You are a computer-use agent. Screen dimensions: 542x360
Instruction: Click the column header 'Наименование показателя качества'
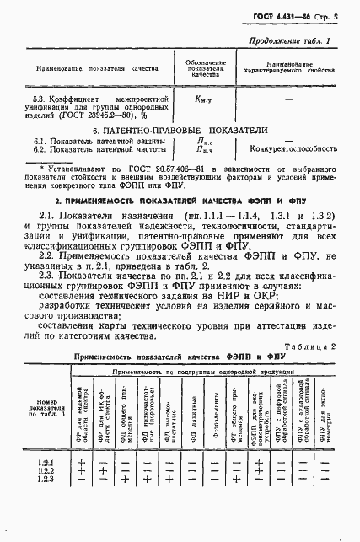(82, 67)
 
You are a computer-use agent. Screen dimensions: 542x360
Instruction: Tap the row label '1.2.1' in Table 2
(45, 463)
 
